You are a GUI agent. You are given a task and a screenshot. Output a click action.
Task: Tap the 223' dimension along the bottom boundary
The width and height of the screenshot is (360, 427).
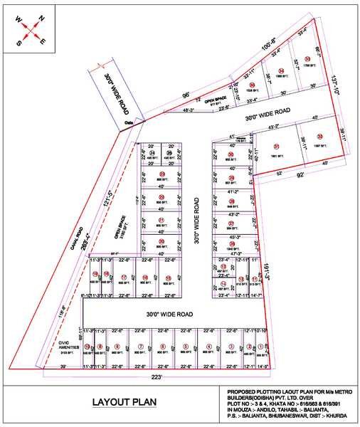[157, 376]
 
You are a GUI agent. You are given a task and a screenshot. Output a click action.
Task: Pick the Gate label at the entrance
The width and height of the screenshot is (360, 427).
[129, 122]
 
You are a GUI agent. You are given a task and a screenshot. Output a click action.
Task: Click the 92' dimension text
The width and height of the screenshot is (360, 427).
[282, 173]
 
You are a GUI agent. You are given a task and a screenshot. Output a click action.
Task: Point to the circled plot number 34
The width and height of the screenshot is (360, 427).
[282, 70]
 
